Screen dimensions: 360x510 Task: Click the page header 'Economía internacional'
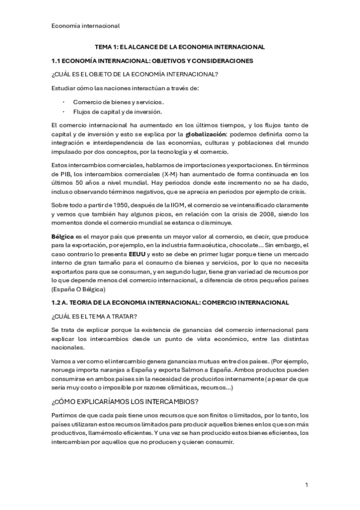[x=85, y=25]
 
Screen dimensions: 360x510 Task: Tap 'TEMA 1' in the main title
[x=108, y=46]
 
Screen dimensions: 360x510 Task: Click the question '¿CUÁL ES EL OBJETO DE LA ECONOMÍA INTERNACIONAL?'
[x=135, y=75]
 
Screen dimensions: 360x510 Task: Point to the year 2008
[x=257, y=215]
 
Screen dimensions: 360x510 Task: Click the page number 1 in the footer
[x=307, y=485]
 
